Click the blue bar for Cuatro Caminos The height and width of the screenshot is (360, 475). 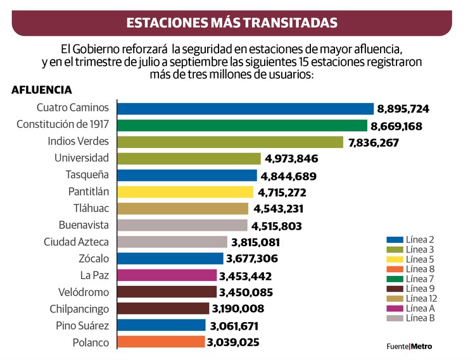tap(246, 109)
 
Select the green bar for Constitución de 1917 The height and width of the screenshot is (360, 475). tap(243, 125)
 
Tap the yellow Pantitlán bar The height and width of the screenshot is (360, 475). tap(186, 192)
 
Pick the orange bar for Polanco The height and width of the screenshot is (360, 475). tap(161, 342)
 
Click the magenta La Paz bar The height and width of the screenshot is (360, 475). tap(167, 276)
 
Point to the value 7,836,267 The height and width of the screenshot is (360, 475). tap(374, 142)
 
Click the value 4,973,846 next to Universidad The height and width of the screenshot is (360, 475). tap(291, 159)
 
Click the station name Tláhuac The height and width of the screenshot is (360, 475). tap(91, 208)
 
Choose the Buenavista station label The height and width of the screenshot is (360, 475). tap(84, 225)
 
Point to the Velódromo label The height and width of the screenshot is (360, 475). tap(82, 292)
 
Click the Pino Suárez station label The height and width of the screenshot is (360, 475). tap(81, 326)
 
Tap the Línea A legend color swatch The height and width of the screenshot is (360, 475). tap(395, 308)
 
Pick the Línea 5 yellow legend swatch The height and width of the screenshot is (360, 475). tap(395, 259)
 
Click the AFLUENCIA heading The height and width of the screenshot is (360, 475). tap(42, 90)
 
